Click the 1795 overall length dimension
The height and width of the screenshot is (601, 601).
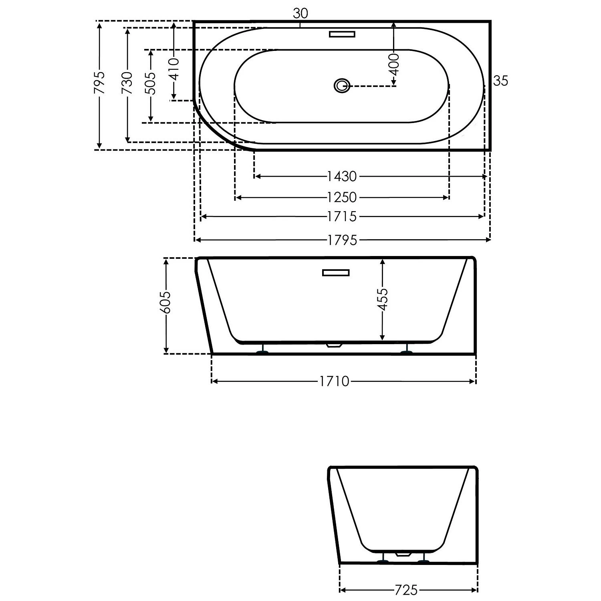pyautogui.click(x=342, y=240)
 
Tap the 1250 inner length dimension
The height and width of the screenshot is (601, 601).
pyautogui.click(x=342, y=197)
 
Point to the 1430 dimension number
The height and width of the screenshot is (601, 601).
pyautogui.click(x=342, y=176)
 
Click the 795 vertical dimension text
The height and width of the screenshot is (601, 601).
pyautogui.click(x=99, y=83)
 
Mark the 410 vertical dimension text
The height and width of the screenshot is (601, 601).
pyautogui.click(x=174, y=69)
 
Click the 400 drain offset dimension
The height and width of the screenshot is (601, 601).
pyautogui.click(x=394, y=64)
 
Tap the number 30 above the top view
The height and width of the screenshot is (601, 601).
pyautogui.click(x=300, y=14)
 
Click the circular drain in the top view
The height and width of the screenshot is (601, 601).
pyautogui.click(x=342, y=85)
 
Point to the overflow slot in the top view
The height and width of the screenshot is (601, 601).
pyautogui.click(x=342, y=34)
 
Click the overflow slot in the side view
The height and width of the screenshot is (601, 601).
pyautogui.click(x=336, y=273)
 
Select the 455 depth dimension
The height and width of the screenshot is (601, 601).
pyautogui.click(x=383, y=299)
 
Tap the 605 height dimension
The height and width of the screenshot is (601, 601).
pyautogui.click(x=165, y=302)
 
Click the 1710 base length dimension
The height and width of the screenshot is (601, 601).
pyautogui.click(x=334, y=381)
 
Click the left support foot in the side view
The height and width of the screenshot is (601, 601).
pyautogui.click(x=263, y=352)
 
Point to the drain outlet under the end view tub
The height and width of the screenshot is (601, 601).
pyautogui.click(x=403, y=555)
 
